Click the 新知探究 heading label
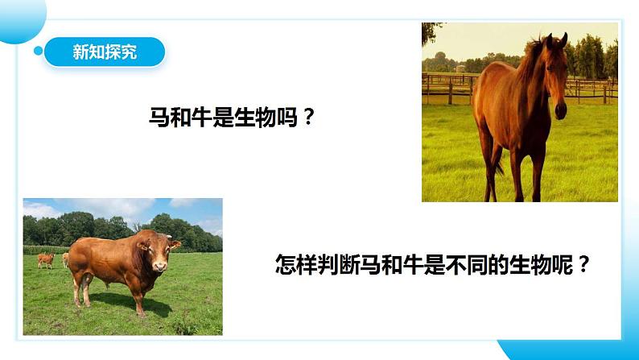pos(105,52)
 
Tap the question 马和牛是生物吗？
pos(231,118)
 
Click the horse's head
pos(556,72)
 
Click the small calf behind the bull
pos(46,259)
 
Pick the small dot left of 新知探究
pos(38,52)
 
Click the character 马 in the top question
pos(159,118)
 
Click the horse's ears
pos(556,39)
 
